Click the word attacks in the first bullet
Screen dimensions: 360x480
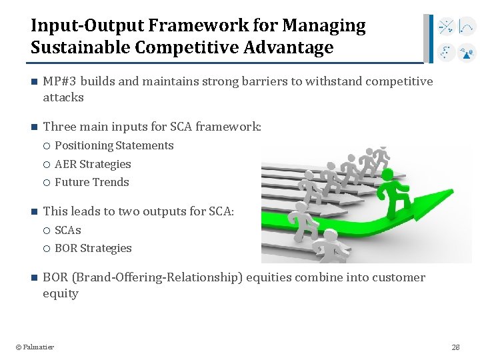(x=63, y=97)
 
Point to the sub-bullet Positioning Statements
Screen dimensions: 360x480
(x=114, y=145)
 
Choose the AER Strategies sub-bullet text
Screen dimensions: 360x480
(x=93, y=164)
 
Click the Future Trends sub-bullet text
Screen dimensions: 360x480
(x=91, y=182)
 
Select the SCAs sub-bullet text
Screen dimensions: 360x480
(x=68, y=230)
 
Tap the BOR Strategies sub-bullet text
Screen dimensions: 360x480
(x=93, y=248)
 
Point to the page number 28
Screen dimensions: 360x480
(x=455, y=347)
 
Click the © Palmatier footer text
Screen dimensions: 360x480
(x=35, y=347)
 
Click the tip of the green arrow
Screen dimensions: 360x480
(x=460, y=192)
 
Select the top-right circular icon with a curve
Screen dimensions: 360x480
(x=467, y=28)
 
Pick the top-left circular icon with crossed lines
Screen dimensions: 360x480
(x=446, y=28)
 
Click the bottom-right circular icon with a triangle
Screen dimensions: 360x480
(x=467, y=52)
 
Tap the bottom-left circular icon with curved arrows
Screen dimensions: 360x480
(x=446, y=52)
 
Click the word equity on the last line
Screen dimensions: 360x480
(x=61, y=293)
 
